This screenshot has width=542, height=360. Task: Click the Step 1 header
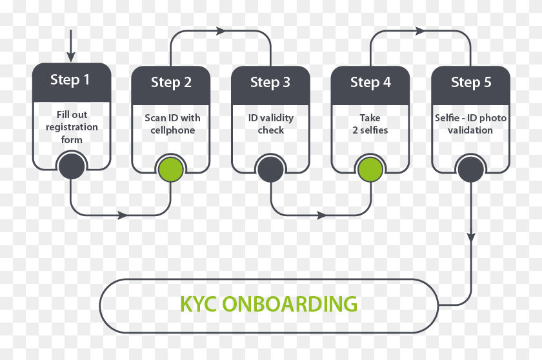coord(71,81)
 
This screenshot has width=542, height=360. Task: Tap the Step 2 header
coord(171,83)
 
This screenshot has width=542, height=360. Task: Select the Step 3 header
coord(270,83)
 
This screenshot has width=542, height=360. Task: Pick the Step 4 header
coord(370,83)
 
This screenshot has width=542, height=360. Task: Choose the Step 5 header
coord(470,83)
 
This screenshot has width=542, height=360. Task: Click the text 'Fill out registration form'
coord(72,127)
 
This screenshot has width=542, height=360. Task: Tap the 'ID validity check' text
coord(271,124)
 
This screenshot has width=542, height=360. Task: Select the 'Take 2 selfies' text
coord(370,124)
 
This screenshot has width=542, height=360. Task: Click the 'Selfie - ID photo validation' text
coord(470,124)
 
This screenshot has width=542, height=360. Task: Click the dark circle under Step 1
coord(72,167)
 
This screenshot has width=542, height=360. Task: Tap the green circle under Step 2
coord(171,169)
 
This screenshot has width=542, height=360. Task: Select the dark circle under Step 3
coord(270,169)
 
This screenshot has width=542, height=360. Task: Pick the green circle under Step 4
coord(370,169)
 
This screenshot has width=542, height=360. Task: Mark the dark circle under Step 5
coord(470,169)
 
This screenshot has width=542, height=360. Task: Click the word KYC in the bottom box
coord(197,304)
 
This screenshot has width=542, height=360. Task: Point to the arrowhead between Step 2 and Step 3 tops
coord(221,30)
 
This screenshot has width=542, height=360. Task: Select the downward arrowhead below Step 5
coord(470,237)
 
